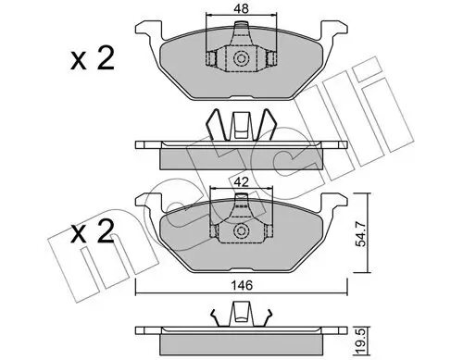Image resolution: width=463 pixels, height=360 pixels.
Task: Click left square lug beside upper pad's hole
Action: tap(212, 59)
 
